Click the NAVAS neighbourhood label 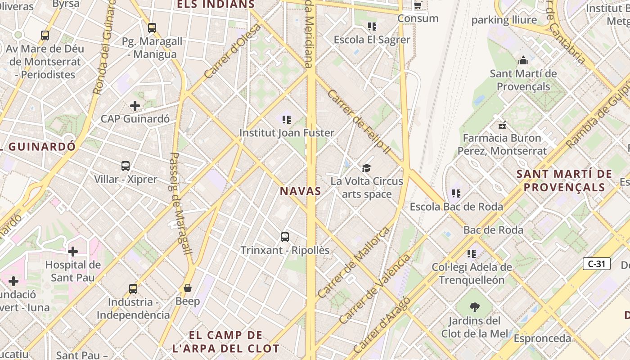pyautogui.click(x=301, y=191)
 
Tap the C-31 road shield pyautogui.click(x=596, y=264)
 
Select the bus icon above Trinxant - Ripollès pyautogui.click(x=284, y=237)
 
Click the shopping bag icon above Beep pyautogui.click(x=188, y=288)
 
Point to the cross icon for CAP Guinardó pyautogui.click(x=135, y=106)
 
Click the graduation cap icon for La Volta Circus pyautogui.click(x=367, y=168)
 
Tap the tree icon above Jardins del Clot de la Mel pyautogui.click(x=474, y=308)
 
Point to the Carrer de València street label pyautogui.click(x=375, y=289)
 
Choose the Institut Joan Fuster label pyautogui.click(x=287, y=133)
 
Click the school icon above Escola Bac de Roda pyautogui.click(x=456, y=193)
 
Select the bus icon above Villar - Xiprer pyautogui.click(x=126, y=166)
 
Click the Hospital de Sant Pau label pyautogui.click(x=73, y=271)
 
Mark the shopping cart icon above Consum pyautogui.click(x=418, y=5)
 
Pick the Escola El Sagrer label pyautogui.click(x=372, y=40)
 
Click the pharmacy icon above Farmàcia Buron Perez pyautogui.click(x=502, y=125)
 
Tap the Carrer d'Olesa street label pyautogui.click(x=232, y=51)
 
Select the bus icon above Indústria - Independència pyautogui.click(x=133, y=289)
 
